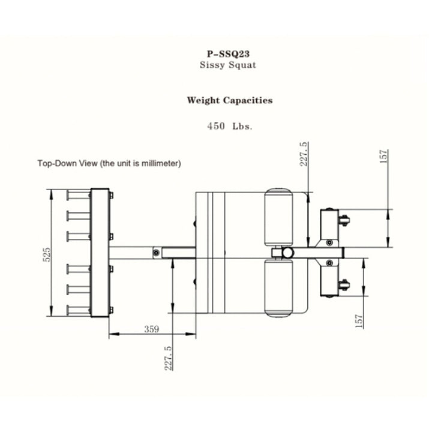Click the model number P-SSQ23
pyautogui.click(x=227, y=53)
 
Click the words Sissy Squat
pyautogui.click(x=227, y=64)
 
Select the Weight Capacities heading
pyautogui.click(x=229, y=100)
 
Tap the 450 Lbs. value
pyautogui.click(x=229, y=127)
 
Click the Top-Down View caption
pyautogui.click(x=109, y=163)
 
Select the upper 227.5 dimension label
pyautogui.click(x=304, y=154)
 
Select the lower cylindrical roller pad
pyautogui.click(x=278, y=289)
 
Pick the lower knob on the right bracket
pyautogui.click(x=344, y=284)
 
